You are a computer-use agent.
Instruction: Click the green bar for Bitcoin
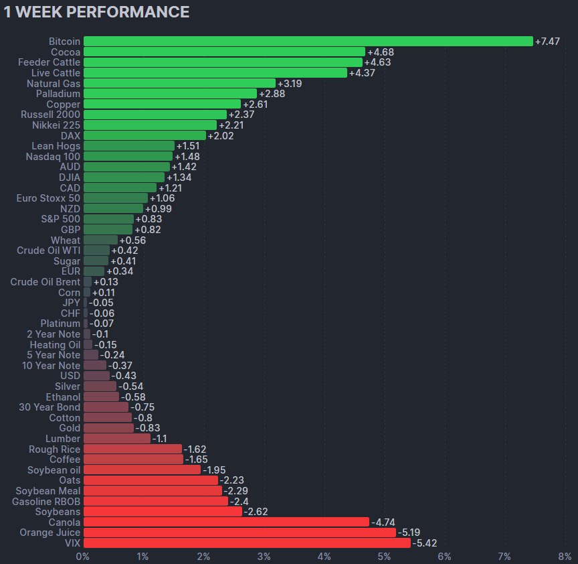coord(308,42)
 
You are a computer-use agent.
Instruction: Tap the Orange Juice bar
coord(239,533)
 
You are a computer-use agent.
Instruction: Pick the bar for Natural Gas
coord(179,84)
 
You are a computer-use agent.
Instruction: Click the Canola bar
coord(226,522)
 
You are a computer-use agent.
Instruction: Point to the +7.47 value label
coord(548,42)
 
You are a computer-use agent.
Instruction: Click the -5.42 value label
coord(424,543)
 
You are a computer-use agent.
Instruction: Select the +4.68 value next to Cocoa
coord(380,52)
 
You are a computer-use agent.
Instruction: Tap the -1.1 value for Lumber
coord(160,439)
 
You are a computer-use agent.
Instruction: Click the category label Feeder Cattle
coord(49,62)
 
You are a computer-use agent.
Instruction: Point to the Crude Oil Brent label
coord(45,282)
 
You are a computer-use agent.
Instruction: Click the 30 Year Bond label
coord(50,407)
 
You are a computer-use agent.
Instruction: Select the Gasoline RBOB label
coord(46,501)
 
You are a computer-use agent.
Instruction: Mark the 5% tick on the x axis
coord(384,557)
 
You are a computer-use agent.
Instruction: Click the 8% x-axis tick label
coord(565,557)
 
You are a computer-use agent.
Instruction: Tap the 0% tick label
coord(83,557)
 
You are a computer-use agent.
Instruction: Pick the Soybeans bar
coord(163,512)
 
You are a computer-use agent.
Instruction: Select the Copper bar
coord(162,104)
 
